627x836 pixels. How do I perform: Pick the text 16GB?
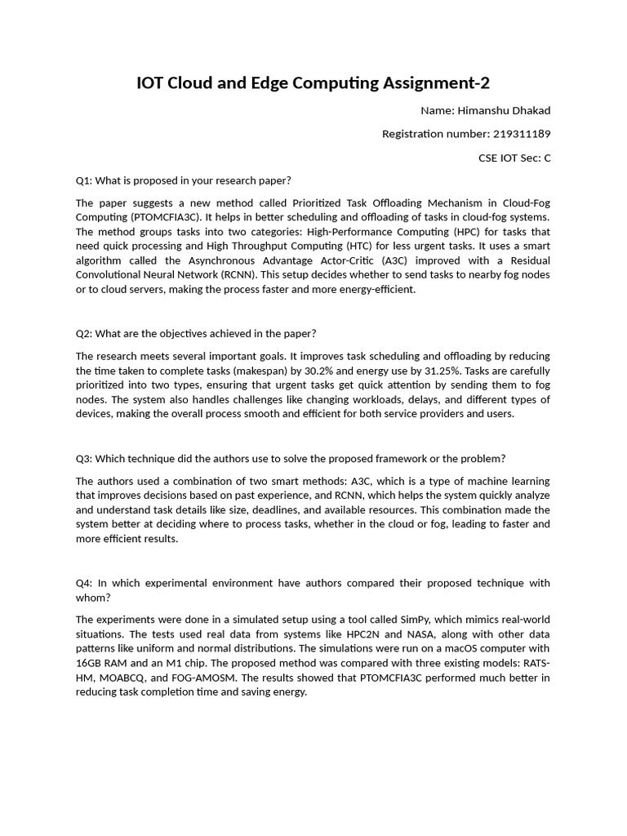pyautogui.click(x=89, y=663)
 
